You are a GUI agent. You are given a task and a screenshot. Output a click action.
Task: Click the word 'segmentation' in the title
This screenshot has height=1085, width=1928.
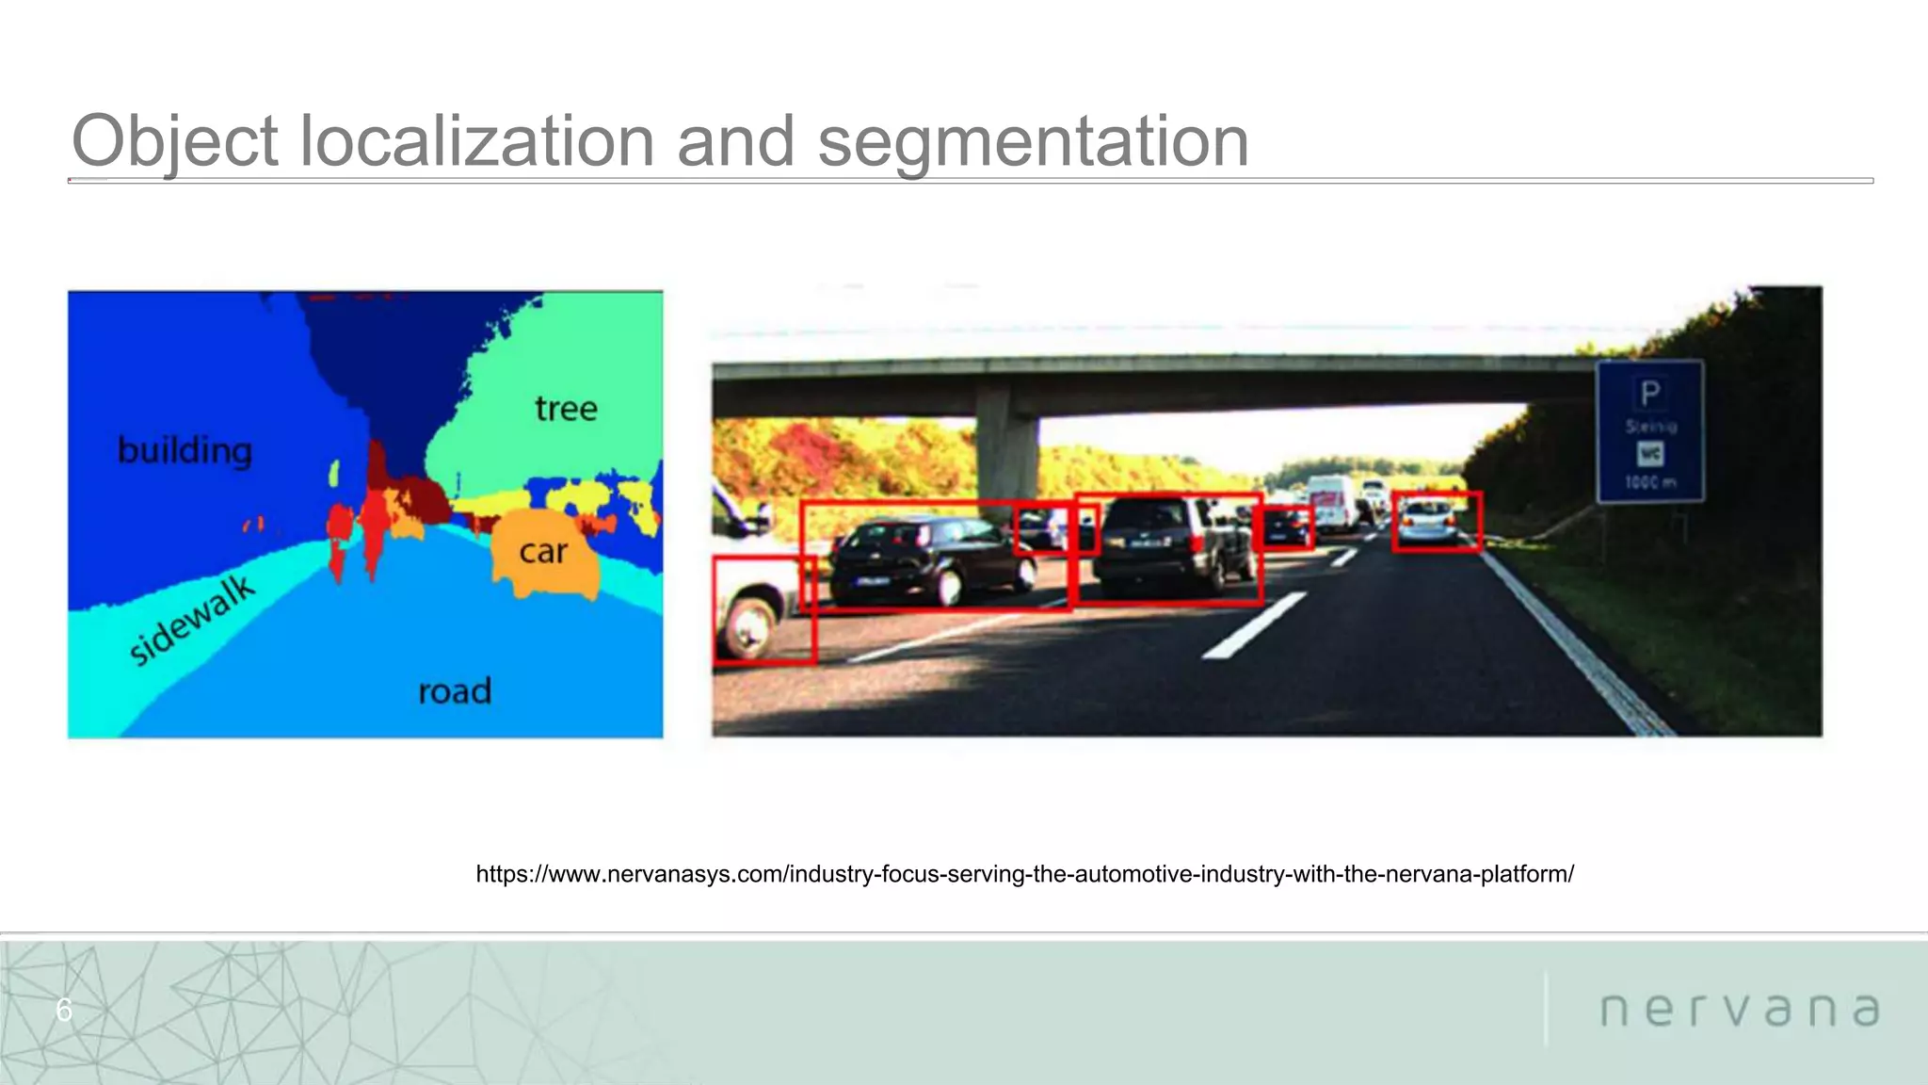(1033, 141)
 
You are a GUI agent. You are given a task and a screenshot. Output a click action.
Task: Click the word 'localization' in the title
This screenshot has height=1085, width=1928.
(476, 141)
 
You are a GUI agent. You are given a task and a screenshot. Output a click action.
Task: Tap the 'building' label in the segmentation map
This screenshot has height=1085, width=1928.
(185, 450)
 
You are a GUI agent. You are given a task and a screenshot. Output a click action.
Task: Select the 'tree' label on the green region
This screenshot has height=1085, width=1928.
(566, 408)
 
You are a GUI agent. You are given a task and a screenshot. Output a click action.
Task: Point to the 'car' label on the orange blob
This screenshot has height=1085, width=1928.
(543, 551)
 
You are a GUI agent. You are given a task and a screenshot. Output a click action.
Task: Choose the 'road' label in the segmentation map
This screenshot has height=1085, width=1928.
(455, 691)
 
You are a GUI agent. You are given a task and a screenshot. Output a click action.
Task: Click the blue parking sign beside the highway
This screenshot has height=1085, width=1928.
(1649, 430)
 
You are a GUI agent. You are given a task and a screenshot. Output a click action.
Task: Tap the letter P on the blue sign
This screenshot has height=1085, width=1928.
(1649, 392)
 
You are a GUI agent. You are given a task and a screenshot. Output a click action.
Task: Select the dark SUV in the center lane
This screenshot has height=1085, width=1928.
(1165, 546)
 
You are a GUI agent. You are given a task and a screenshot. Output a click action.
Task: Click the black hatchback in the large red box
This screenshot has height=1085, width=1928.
(927, 559)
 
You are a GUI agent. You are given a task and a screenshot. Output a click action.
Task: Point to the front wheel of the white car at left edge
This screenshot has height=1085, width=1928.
(748, 626)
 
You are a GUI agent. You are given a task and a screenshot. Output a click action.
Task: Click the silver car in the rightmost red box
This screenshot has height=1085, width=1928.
(1428, 522)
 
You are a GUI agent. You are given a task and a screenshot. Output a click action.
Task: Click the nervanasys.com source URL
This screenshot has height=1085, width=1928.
(1024, 874)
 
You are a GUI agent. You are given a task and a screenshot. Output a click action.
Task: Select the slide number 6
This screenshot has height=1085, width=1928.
(64, 1010)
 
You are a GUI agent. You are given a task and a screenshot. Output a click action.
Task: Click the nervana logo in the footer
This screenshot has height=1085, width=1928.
(1740, 1010)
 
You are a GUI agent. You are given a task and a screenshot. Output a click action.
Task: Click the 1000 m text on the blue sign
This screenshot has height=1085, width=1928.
(1649, 483)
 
